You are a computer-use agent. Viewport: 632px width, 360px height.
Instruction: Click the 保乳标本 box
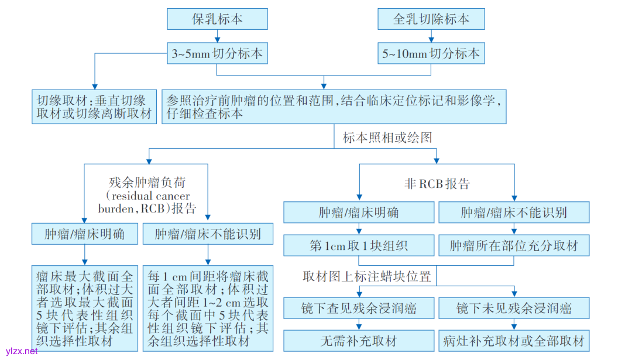(x=217, y=19)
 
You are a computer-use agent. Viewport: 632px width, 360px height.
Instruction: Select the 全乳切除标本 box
(x=431, y=19)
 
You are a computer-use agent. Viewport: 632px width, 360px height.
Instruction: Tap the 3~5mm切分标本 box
(x=217, y=54)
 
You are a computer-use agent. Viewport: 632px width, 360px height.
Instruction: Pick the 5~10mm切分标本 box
(x=431, y=54)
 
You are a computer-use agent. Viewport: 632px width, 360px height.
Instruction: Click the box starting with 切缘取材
(x=94, y=106)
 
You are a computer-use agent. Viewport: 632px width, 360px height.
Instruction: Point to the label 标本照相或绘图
(x=387, y=138)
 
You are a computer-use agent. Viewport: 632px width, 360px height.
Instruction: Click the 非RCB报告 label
(x=437, y=183)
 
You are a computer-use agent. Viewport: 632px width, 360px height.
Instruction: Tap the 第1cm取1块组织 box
(x=358, y=245)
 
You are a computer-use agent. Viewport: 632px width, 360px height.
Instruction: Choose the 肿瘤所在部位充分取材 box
(x=513, y=245)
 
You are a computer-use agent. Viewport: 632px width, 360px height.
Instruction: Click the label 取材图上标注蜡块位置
(x=367, y=276)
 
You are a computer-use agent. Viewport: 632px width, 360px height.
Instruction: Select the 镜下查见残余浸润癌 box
(x=358, y=307)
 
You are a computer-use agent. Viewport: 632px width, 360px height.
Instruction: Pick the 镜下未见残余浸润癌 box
(x=513, y=307)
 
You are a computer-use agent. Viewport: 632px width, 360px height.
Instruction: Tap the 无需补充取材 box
(x=358, y=340)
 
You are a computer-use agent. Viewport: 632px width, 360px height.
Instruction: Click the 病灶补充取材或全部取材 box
(x=513, y=340)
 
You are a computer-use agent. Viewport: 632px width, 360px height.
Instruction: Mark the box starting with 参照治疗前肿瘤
(x=334, y=106)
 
